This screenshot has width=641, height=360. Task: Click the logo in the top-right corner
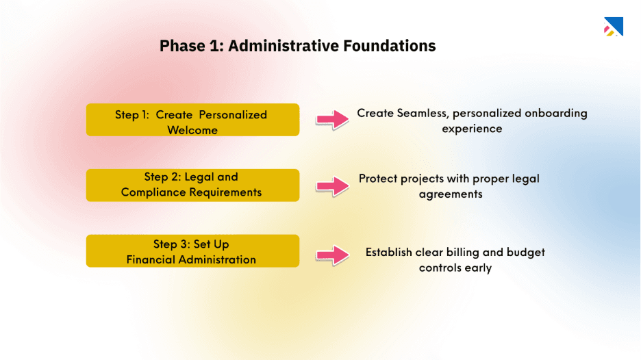(x=612, y=27)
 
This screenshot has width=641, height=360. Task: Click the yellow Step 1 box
(x=192, y=120)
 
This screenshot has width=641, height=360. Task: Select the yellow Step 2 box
(x=192, y=185)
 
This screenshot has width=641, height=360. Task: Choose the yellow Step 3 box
(x=192, y=251)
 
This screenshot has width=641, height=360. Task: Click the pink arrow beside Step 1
(x=332, y=120)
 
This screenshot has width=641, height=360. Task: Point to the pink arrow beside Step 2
(x=332, y=185)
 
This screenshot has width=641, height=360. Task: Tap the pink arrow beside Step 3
(x=332, y=255)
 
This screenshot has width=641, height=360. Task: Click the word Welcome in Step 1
(x=192, y=130)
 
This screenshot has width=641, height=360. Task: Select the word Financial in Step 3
(x=151, y=259)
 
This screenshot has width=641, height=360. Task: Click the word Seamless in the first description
(x=422, y=113)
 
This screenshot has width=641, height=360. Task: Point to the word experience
(x=471, y=129)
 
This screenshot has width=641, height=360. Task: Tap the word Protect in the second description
(x=377, y=179)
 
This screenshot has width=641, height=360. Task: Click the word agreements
(x=451, y=194)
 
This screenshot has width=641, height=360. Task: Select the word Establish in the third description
(x=388, y=253)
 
